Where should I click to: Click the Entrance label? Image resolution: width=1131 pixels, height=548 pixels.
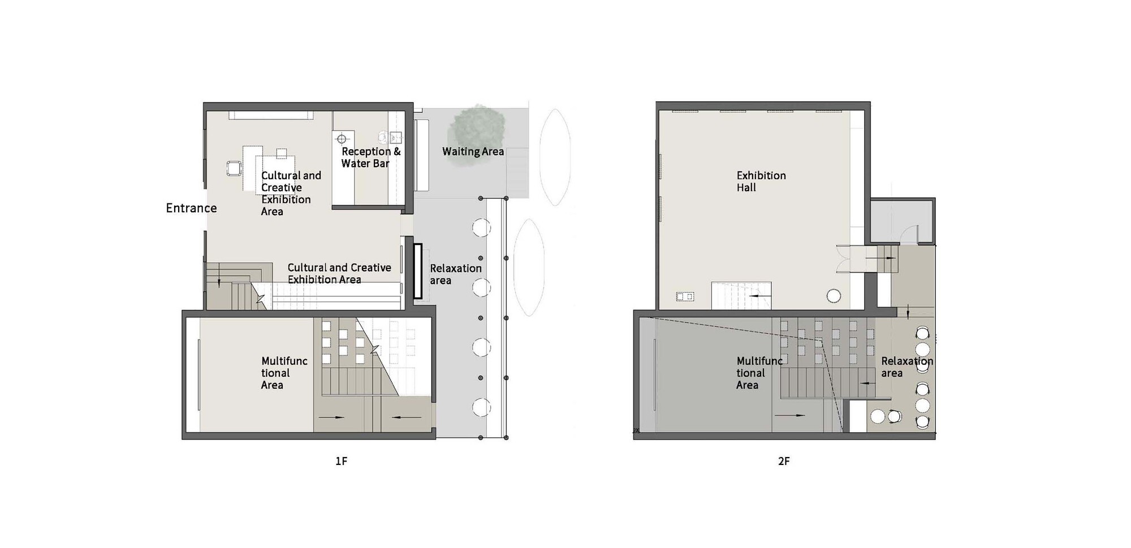191,208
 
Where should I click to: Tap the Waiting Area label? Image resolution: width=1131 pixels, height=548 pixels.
473,151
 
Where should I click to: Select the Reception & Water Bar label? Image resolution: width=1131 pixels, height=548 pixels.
371,158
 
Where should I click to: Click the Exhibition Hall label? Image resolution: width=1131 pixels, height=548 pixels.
761,181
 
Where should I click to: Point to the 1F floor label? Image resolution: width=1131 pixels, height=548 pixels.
341,461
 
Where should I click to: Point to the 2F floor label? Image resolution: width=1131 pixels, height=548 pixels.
784,461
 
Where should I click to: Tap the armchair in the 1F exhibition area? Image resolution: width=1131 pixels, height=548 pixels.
234,168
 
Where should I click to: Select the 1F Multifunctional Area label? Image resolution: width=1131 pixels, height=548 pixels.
284,373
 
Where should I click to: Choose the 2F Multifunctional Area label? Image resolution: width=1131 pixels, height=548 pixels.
759,373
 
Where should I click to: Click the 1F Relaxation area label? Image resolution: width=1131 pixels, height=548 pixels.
456,274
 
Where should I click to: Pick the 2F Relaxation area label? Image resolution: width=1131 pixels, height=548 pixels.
907,367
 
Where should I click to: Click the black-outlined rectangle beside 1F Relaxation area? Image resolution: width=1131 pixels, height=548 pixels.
418,271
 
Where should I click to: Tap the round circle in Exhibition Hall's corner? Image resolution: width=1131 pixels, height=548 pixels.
834,295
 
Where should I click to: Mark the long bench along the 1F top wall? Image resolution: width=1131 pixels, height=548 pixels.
270,115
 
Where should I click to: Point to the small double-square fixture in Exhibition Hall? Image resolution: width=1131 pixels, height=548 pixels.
685,297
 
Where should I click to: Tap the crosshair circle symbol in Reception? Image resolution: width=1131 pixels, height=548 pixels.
342,138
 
